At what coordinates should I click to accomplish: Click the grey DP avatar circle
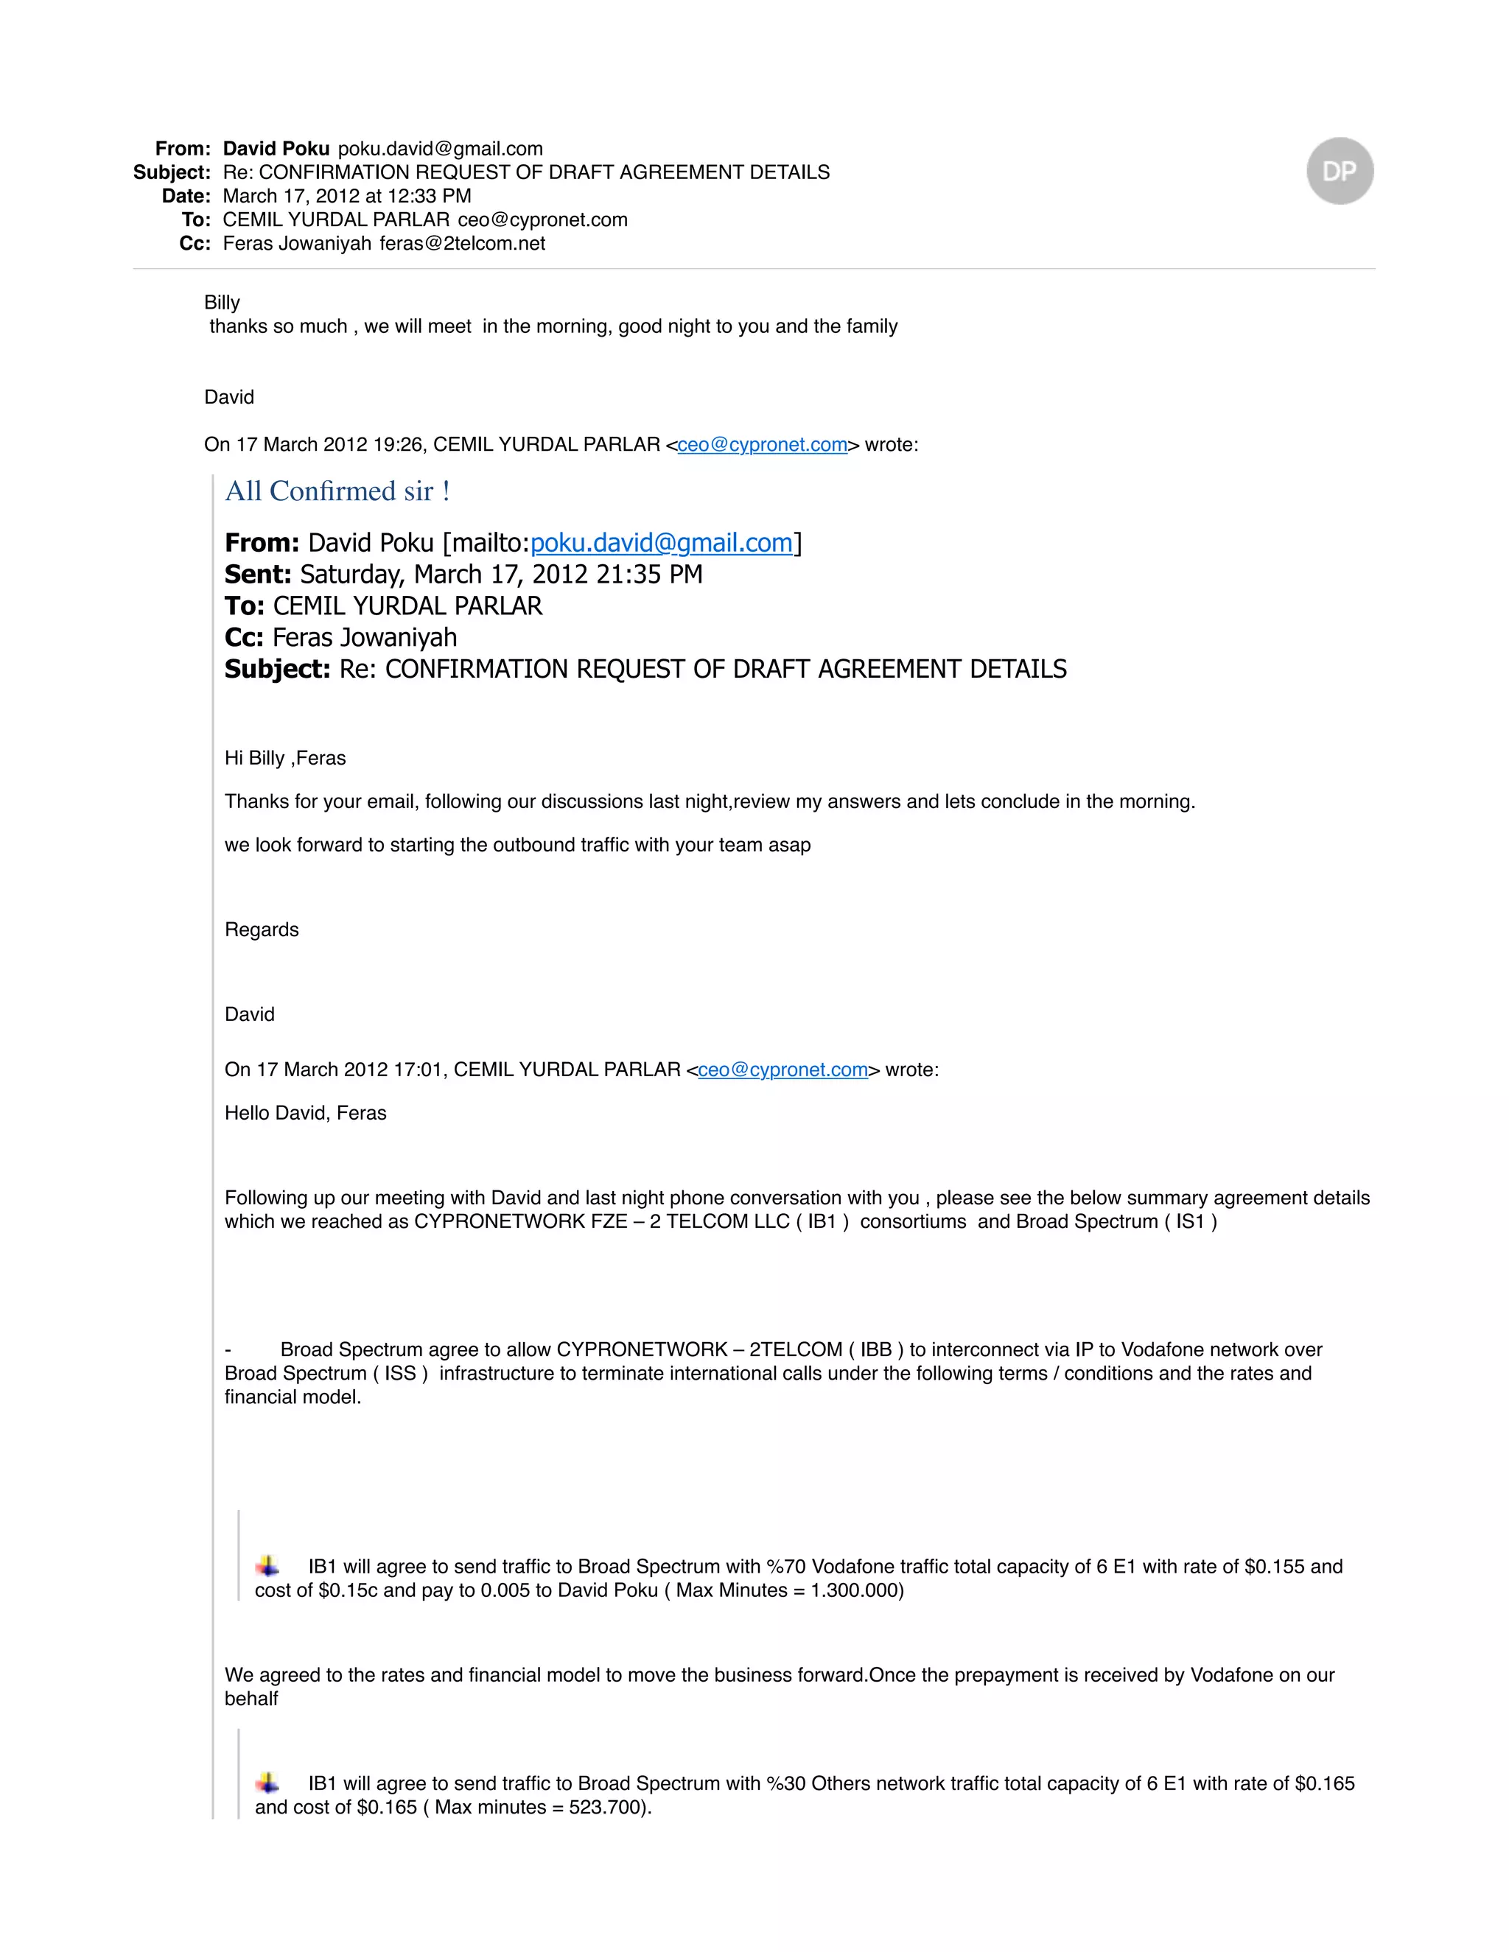[1339, 171]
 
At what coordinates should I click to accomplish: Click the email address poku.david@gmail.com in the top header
[440, 148]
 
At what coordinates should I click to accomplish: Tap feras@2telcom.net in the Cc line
[462, 243]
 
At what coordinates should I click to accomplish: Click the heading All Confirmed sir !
[337, 491]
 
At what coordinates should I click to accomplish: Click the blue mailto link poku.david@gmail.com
[662, 543]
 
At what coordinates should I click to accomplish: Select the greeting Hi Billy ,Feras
[285, 758]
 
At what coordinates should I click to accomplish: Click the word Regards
[262, 930]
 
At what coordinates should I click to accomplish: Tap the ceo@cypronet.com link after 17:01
[782, 1070]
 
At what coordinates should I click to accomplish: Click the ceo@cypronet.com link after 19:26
[762, 444]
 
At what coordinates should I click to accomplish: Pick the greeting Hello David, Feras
[306, 1113]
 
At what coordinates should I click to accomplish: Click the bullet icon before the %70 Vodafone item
[267, 1566]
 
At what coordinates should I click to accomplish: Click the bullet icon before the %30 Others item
[267, 1783]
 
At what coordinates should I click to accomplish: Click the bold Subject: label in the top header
[172, 172]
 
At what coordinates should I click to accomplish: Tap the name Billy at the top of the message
[222, 302]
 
